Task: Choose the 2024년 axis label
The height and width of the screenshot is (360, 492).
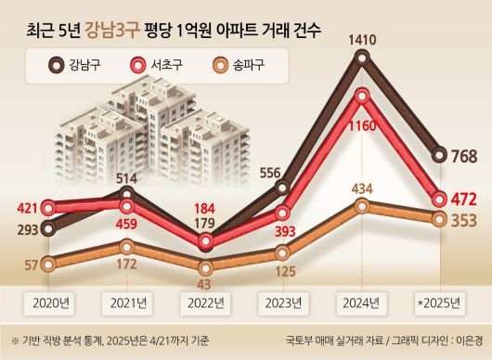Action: (363, 302)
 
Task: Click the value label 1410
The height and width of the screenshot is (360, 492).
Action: (362, 39)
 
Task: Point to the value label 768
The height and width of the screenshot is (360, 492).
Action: (464, 156)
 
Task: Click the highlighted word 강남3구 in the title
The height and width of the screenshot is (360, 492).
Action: (112, 31)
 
